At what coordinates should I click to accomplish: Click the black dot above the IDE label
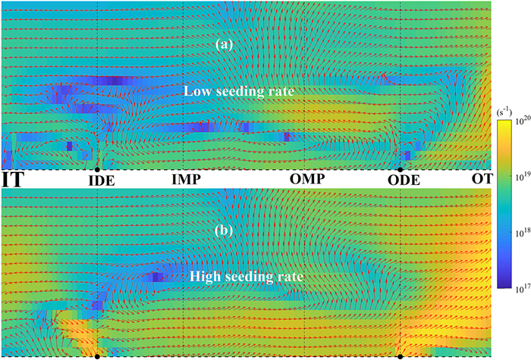98,169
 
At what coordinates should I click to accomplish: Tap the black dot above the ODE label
400,169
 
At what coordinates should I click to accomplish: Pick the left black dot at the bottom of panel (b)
98,356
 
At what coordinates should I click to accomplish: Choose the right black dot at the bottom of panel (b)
400,356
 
